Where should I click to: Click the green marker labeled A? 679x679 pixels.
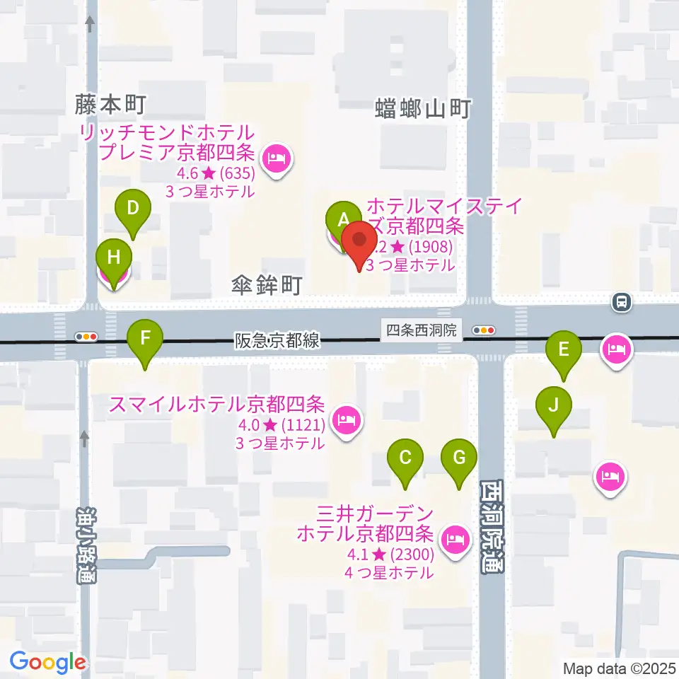coord(344,217)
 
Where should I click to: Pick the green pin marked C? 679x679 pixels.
coord(405,457)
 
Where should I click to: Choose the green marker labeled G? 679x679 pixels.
coord(459,457)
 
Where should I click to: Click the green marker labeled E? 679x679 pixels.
coord(564,349)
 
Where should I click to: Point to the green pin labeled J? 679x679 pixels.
coord(553,406)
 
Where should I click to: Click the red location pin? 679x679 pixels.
coord(359,243)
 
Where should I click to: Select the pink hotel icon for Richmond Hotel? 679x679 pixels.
coord(275,158)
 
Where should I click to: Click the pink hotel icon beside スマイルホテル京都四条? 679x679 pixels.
coord(347,422)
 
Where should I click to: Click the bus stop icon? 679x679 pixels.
coord(622,303)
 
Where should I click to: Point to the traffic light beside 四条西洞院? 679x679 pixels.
coord(485,330)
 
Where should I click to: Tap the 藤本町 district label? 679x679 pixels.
coord(110,106)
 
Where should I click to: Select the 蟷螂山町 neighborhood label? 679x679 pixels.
coord(422,110)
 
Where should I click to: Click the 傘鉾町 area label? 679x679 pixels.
coord(267,286)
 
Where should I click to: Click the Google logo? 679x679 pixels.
coord(47,662)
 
